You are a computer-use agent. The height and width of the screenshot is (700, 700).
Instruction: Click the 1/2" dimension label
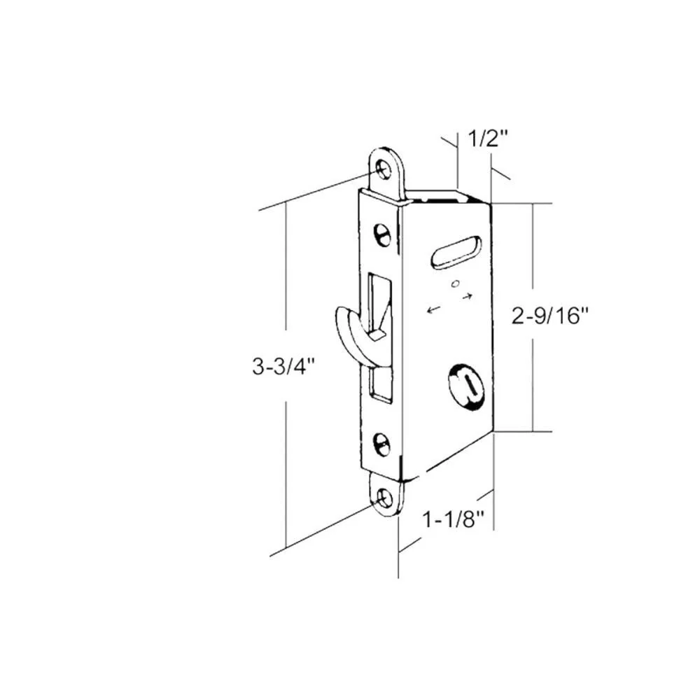click(x=488, y=139)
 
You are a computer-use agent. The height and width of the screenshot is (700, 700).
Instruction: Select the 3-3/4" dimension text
click(x=283, y=367)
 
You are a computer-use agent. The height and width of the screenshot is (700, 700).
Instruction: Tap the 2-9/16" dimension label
click(x=550, y=316)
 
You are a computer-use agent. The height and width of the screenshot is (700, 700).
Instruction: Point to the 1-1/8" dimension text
click(x=453, y=519)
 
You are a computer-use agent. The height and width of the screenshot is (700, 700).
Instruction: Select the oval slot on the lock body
click(x=456, y=253)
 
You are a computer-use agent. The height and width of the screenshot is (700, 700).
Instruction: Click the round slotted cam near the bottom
click(x=466, y=385)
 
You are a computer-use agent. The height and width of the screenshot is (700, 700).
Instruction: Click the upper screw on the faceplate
click(x=382, y=234)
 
